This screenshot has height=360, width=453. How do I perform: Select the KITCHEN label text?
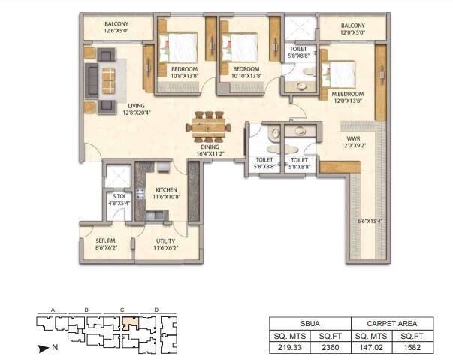tap(166, 190)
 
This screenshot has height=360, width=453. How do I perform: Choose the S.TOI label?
tap(118, 197)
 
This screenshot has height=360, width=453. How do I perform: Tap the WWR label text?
tap(353, 139)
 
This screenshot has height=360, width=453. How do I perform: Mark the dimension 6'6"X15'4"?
tap(370, 221)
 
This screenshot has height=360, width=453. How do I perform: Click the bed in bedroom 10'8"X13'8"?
tap(180, 48)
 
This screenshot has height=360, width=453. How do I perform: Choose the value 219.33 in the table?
tap(288, 348)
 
